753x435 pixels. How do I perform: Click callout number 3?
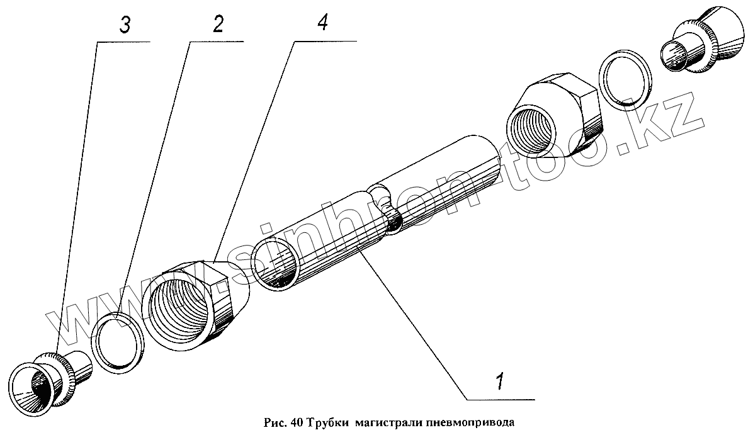click(125, 26)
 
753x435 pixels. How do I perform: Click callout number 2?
click(218, 25)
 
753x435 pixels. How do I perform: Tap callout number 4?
click(322, 24)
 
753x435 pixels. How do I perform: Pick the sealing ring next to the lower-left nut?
click(116, 341)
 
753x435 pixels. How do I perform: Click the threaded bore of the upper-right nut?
click(533, 126)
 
